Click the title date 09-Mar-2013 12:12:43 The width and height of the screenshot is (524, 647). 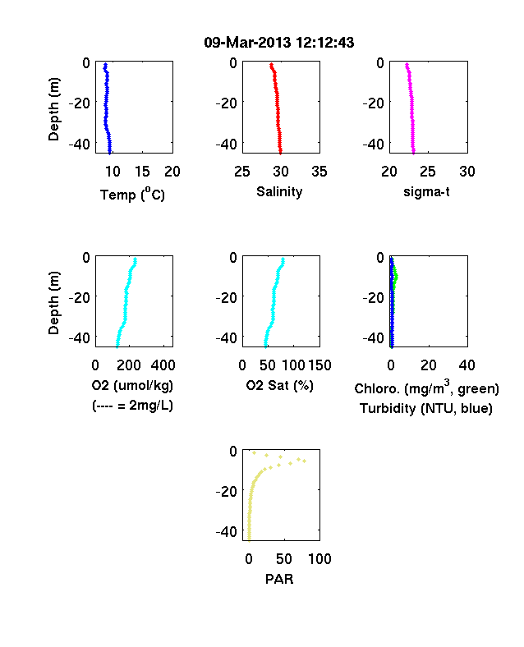(x=279, y=43)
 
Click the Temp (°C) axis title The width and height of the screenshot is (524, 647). (x=132, y=195)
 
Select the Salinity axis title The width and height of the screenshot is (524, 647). (x=279, y=191)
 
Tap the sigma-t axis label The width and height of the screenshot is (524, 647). (x=426, y=192)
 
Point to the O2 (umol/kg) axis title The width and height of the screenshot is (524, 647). (x=132, y=385)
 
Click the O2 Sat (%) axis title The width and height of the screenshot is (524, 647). (x=279, y=385)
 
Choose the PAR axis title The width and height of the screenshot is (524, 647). (x=279, y=579)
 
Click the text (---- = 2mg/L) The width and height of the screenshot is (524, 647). (x=132, y=406)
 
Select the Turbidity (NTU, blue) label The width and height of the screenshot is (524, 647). (x=426, y=409)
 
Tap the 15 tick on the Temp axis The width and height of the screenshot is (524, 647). (x=142, y=172)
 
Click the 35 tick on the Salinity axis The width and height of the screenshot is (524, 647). (x=319, y=172)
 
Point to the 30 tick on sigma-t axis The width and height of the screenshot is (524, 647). (x=467, y=172)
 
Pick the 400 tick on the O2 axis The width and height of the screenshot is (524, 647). (x=163, y=365)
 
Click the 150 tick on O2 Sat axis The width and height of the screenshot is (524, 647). (x=319, y=365)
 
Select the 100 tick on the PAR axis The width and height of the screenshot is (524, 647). (x=319, y=558)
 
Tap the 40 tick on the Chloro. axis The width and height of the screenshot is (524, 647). (x=467, y=365)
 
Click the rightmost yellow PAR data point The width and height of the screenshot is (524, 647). (x=305, y=461)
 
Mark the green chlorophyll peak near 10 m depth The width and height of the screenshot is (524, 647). (x=397, y=277)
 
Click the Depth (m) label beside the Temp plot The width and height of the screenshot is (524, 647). (x=53, y=109)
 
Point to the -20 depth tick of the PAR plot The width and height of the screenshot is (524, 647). (x=226, y=491)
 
